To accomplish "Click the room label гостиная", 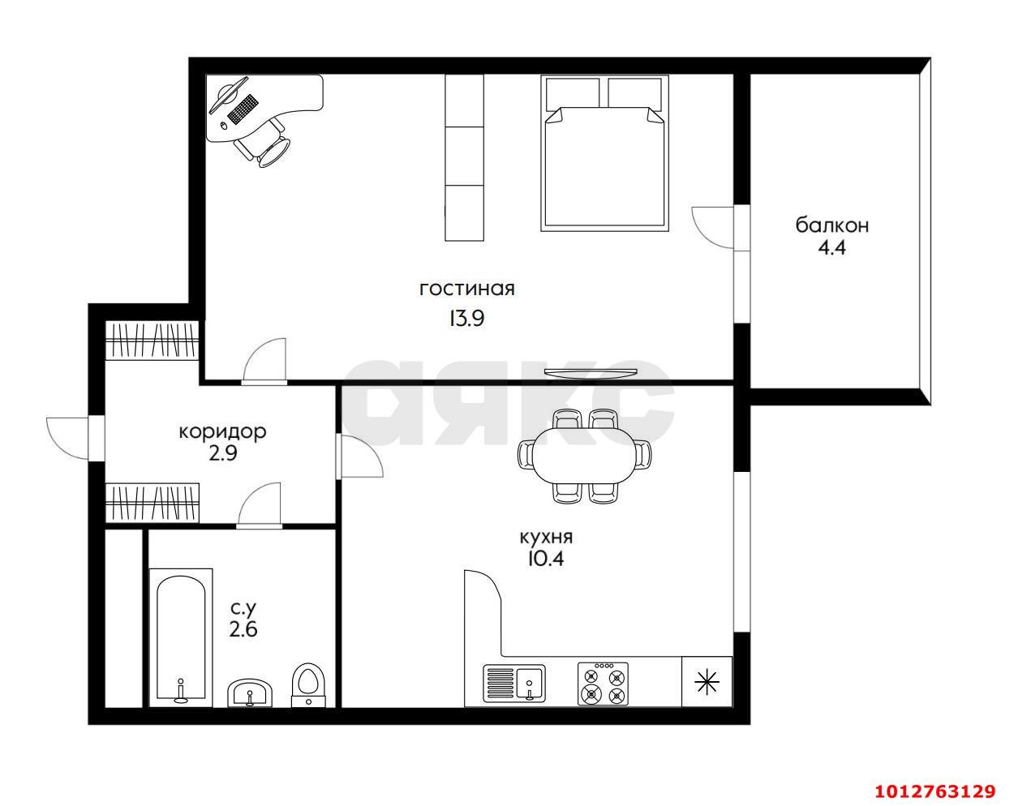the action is point(467,289).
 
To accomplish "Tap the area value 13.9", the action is point(466,319).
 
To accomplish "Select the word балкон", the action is point(832,225).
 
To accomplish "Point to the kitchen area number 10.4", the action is point(546,559).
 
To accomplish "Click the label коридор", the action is point(222,431).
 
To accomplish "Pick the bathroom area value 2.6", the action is point(243,629).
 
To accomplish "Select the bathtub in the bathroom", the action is point(181,638).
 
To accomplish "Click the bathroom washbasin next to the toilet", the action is point(250,692).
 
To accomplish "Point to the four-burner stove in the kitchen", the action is point(603,684).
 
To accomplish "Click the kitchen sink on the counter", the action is point(514,682).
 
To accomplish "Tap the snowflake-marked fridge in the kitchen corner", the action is point(707,682).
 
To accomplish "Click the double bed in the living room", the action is point(604,153).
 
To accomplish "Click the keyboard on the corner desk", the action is point(243,109).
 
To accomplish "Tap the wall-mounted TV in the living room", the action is point(591,373).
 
